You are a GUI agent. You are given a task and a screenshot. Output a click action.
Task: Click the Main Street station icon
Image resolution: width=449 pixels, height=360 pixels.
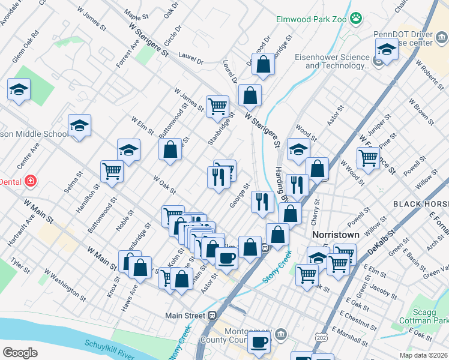(x=212, y=315)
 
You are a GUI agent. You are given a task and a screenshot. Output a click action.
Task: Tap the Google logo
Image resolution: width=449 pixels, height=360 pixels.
(x=20, y=353)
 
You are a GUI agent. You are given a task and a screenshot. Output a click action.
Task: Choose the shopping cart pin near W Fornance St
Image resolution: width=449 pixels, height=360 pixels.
(x=368, y=158)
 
